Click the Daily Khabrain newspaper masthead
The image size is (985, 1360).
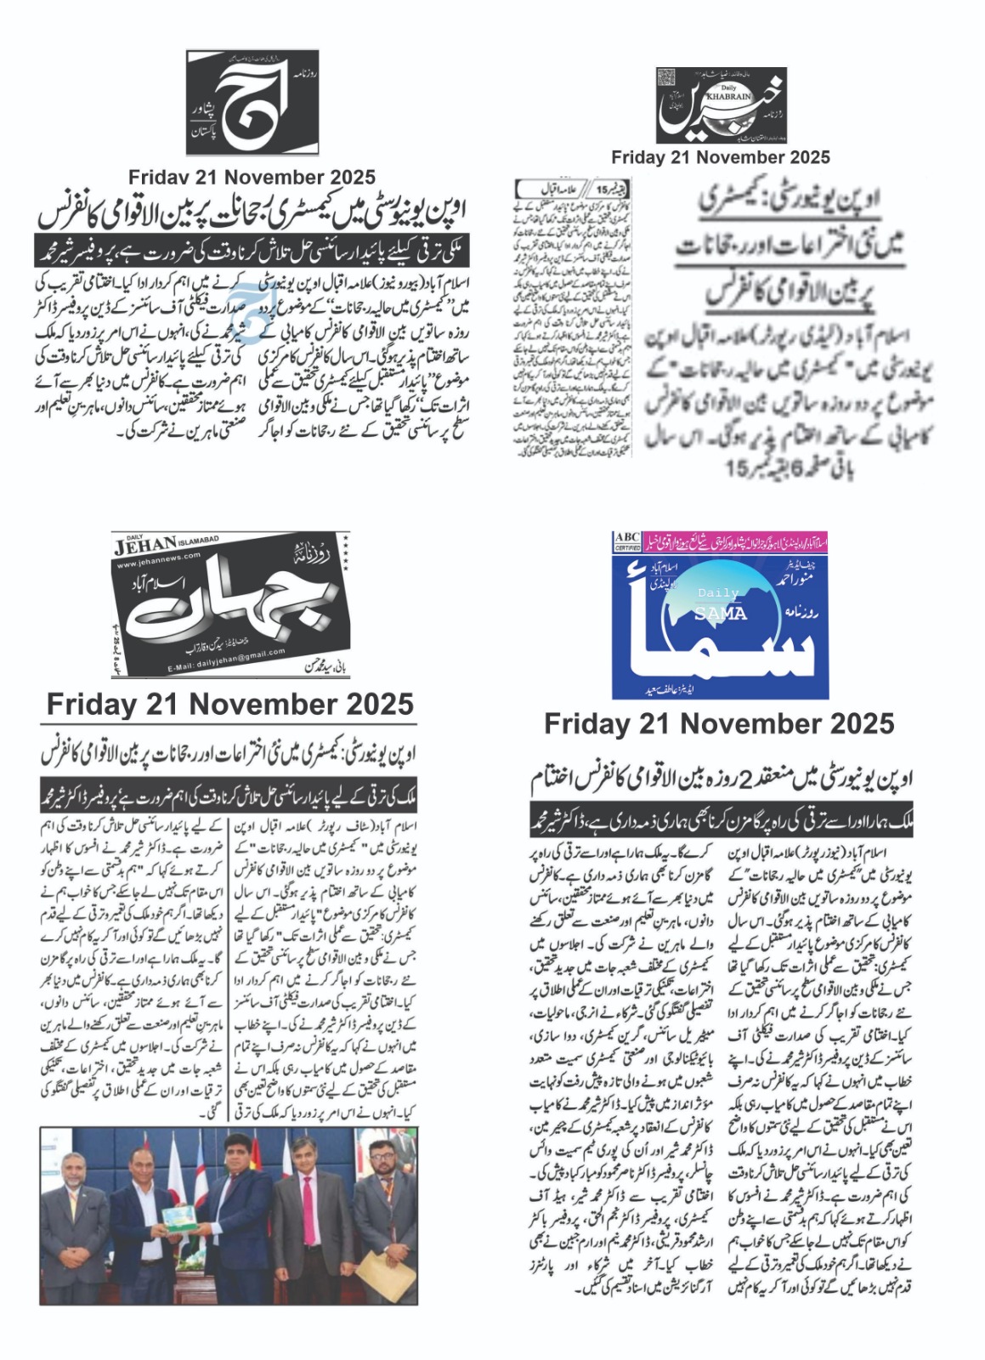[744, 105]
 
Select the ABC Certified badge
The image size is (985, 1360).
[627, 541]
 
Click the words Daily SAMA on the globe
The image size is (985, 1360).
[720, 604]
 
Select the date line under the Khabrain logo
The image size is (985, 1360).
[720, 157]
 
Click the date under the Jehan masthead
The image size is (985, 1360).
[229, 704]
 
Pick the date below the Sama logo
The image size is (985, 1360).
[719, 724]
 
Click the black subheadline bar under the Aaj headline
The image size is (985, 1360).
[252, 252]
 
